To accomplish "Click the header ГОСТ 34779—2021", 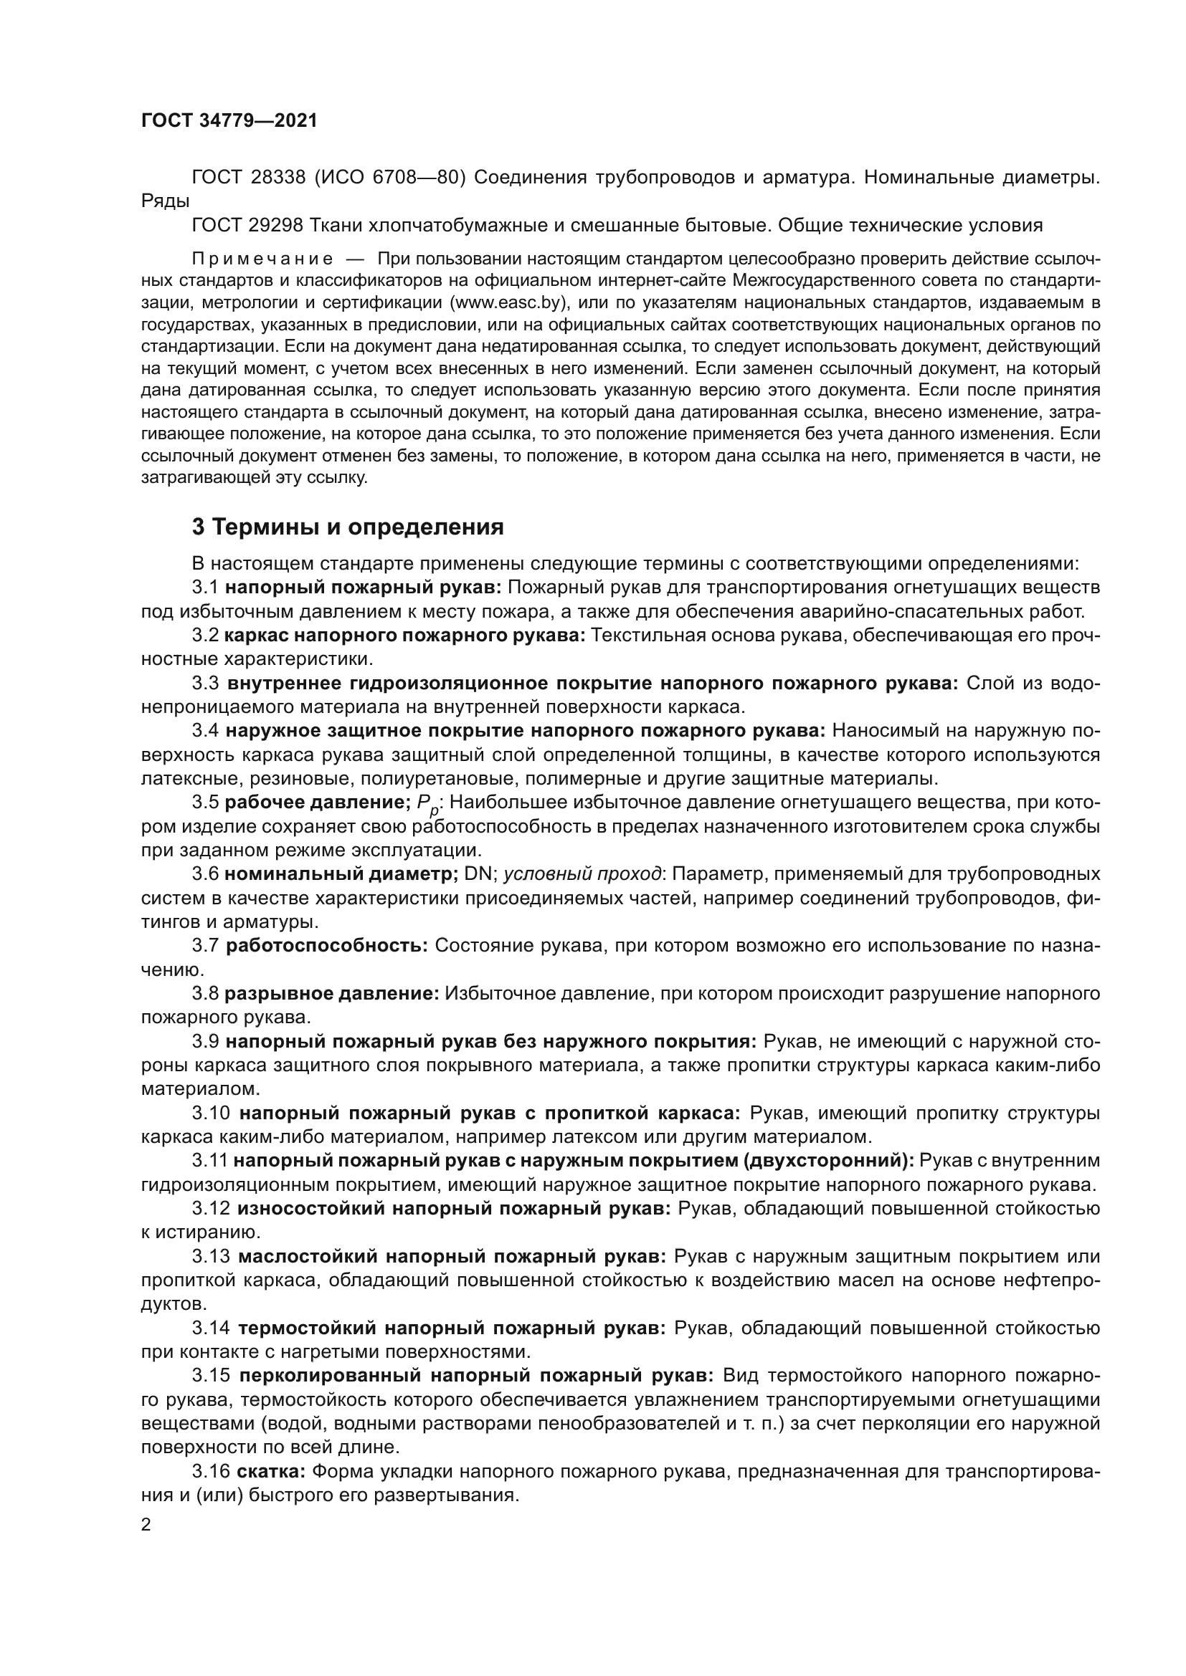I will (x=229, y=121).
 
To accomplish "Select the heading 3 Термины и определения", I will (x=348, y=527).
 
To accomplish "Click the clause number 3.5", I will (x=205, y=803).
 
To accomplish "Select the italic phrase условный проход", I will (x=583, y=874).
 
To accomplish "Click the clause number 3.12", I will (x=212, y=1209).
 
